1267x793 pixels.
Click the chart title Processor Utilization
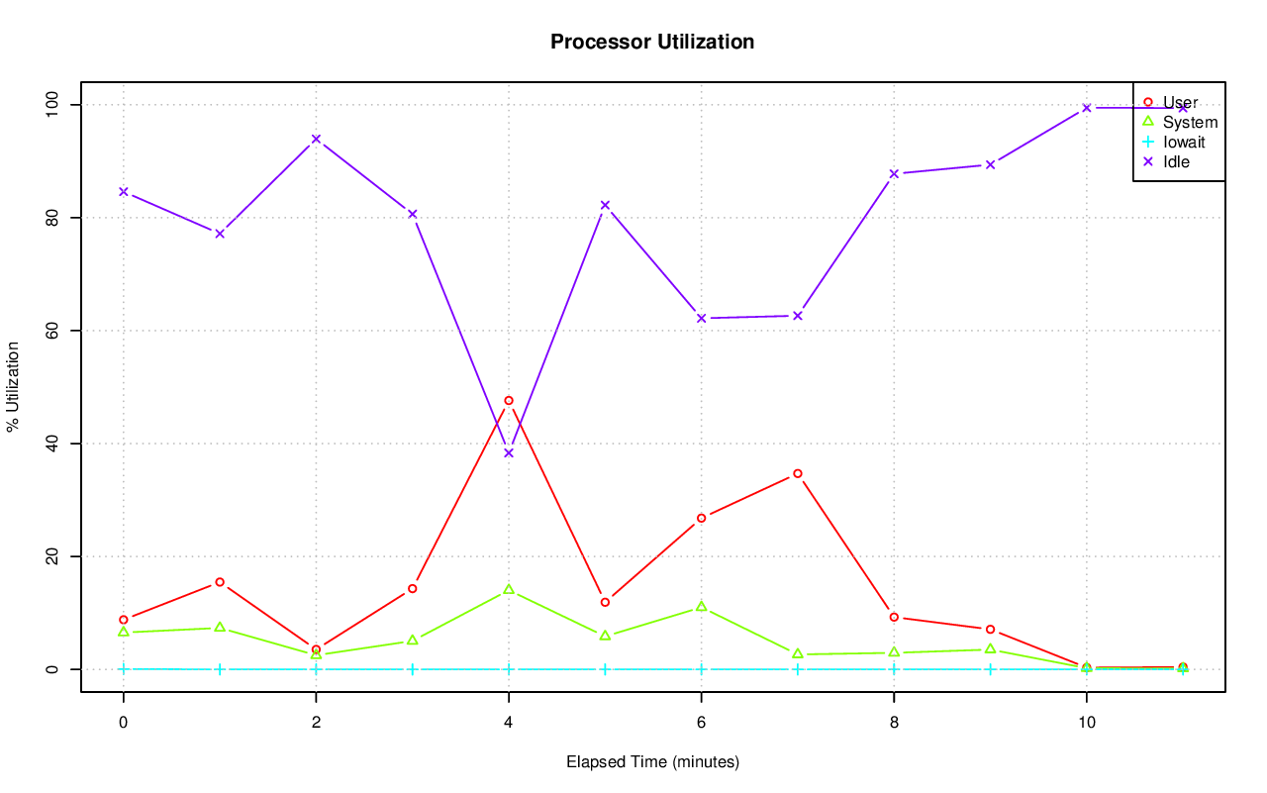[652, 42]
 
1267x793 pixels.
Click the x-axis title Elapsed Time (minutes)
[652, 762]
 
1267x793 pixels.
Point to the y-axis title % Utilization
[14, 386]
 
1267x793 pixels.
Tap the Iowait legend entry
[1184, 142]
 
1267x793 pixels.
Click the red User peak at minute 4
[509, 401]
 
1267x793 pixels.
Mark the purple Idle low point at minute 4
[509, 452]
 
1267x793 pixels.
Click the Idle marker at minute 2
[316, 139]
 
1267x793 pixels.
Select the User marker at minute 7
[798, 474]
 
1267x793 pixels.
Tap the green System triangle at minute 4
[509, 590]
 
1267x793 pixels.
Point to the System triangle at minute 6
[702, 607]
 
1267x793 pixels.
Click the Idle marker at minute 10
[1087, 108]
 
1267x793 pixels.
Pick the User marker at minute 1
[220, 582]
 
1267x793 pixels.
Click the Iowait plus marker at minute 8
[894, 669]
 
